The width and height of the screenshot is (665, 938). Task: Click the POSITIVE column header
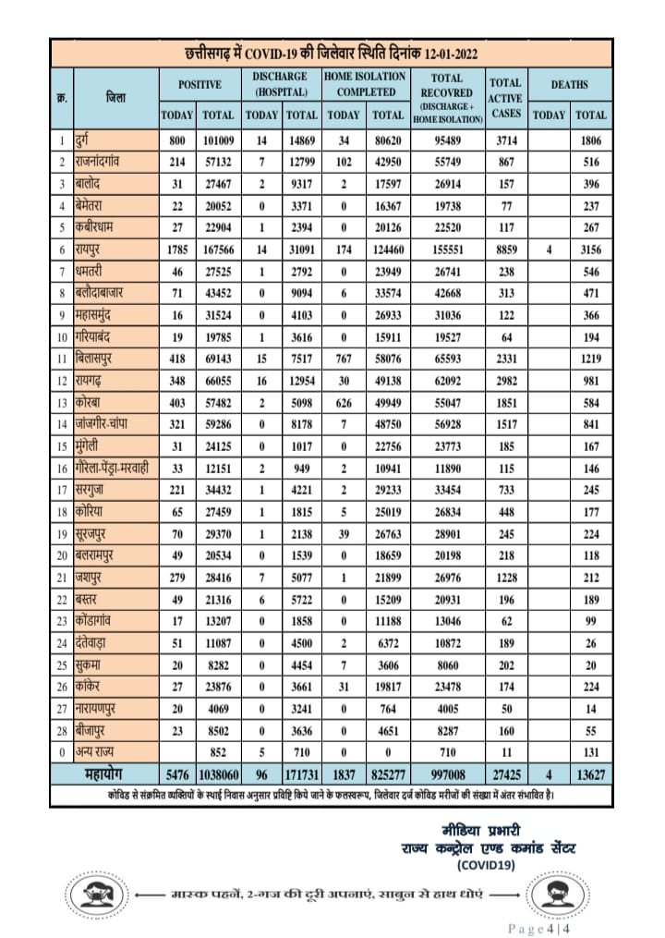[199, 85]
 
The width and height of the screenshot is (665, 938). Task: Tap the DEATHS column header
[570, 85]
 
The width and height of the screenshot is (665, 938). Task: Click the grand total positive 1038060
[218, 773]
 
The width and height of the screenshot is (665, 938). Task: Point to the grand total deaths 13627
[591, 773]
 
